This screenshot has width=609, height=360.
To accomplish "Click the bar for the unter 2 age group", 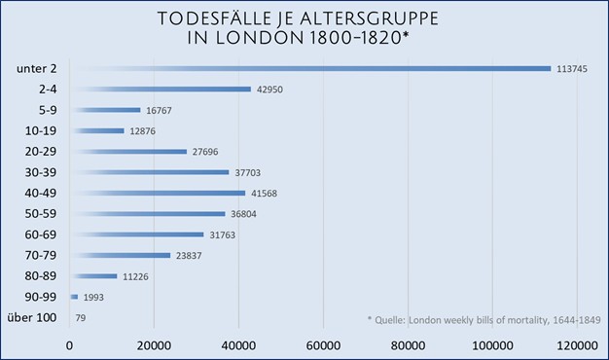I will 311,68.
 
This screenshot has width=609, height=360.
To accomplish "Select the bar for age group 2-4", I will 161,90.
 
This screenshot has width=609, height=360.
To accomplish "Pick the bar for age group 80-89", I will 93,276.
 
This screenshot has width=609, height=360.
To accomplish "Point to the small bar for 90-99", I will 74,297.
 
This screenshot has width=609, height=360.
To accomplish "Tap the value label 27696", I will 209,152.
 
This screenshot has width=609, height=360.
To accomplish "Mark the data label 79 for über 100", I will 82,318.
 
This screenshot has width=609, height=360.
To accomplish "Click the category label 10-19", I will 39,130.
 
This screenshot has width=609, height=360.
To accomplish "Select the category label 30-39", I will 39,172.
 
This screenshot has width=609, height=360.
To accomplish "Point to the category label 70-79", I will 39,255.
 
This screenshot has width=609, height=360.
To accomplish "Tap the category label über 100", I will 36,318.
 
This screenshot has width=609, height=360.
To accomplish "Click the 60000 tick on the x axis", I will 323,344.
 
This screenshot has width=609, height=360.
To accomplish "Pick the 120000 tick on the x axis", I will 574,344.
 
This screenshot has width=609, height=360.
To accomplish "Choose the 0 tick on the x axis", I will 70,344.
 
